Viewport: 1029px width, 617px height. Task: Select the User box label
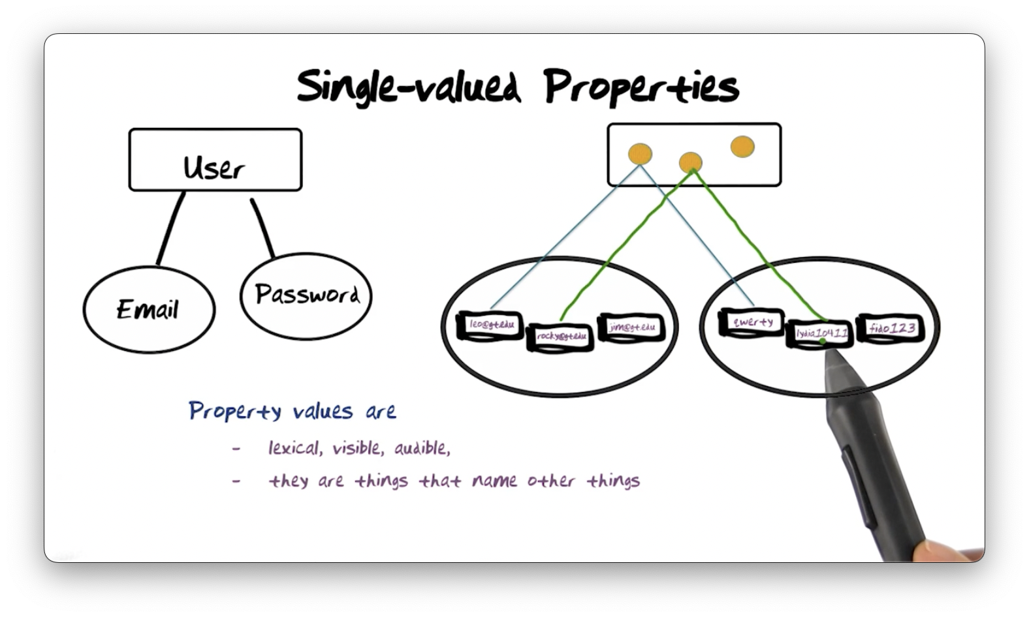pos(214,167)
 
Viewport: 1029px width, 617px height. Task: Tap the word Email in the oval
pos(148,309)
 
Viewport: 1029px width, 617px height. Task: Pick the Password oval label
pos(307,294)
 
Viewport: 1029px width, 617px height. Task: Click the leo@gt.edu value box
pos(492,324)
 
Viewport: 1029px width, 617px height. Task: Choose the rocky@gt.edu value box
pos(561,337)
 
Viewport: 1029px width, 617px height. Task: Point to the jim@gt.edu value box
pos(632,327)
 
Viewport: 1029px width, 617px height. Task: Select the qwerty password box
pos(752,322)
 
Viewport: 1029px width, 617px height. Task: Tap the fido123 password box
pos(892,328)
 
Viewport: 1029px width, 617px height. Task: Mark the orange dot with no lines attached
pos(742,147)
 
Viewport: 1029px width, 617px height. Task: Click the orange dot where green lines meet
pos(690,162)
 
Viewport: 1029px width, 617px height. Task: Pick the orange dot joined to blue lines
pos(640,155)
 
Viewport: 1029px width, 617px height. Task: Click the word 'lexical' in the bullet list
pos(293,448)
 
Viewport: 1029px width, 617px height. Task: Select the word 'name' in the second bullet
pos(494,481)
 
